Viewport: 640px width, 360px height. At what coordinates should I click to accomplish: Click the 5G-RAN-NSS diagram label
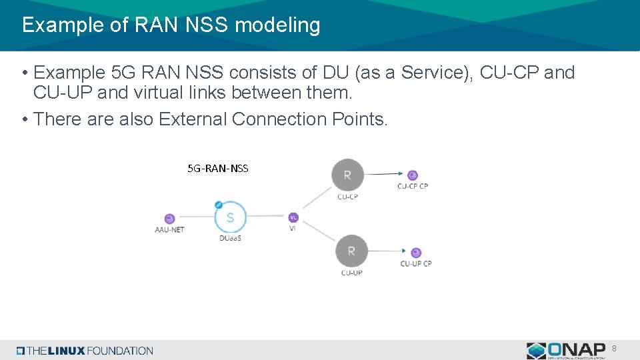tap(218, 169)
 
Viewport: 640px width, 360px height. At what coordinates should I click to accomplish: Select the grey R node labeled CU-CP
tap(347, 175)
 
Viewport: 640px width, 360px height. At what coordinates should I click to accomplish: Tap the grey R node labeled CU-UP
tap(351, 251)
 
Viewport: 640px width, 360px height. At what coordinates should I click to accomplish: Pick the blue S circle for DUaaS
tap(231, 217)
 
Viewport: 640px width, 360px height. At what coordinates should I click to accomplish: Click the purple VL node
tap(293, 217)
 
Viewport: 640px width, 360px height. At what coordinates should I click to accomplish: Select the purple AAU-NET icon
tap(169, 219)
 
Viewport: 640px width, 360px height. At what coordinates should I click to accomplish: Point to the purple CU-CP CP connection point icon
tap(413, 175)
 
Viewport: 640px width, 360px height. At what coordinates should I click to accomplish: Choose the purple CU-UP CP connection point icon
tap(416, 253)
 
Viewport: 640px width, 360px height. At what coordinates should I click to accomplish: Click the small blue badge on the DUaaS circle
tap(219, 205)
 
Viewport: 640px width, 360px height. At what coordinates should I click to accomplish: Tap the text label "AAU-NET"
tap(169, 230)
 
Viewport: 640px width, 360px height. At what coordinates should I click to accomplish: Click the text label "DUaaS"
tap(230, 238)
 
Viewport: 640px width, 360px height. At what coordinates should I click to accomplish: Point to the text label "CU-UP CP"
tap(416, 263)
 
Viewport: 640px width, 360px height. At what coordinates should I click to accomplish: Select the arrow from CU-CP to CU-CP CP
tap(383, 174)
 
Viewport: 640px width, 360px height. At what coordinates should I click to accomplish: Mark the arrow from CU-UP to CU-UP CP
tap(387, 251)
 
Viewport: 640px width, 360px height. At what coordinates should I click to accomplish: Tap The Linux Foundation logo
tap(85, 351)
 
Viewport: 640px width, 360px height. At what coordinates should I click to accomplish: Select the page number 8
tap(614, 349)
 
